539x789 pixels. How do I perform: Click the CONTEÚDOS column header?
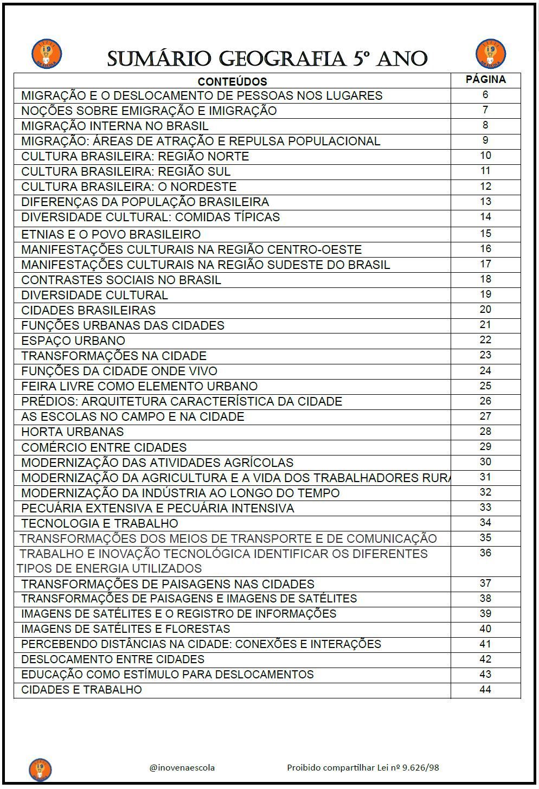tap(232, 82)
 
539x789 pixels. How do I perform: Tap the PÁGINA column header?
tap(485, 80)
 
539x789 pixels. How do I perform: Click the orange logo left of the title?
tap(47, 54)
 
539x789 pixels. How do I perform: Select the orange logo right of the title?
tap(490, 54)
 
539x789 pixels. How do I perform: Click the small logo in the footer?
tap(40, 769)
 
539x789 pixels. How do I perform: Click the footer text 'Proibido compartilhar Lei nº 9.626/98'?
tap(363, 767)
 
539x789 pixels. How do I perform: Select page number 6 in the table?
tap(485, 95)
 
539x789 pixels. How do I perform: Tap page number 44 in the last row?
tap(485, 689)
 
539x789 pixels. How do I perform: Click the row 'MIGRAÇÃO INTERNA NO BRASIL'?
tap(115, 126)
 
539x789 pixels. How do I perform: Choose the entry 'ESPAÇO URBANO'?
tap(73, 341)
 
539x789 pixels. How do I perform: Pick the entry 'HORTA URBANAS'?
tap(73, 432)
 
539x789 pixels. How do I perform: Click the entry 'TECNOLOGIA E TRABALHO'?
tap(100, 523)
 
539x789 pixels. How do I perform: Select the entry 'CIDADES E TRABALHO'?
tap(81, 690)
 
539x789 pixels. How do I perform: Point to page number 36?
tap(485, 553)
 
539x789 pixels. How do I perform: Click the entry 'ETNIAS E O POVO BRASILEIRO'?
tap(111, 234)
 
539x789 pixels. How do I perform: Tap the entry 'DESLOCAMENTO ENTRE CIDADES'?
tap(113, 659)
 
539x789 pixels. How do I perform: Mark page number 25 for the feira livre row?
tap(485, 386)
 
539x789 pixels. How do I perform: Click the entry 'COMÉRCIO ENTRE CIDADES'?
tap(104, 447)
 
